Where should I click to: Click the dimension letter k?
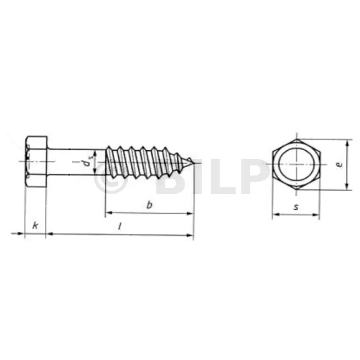[35, 226]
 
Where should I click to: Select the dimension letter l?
[120, 227]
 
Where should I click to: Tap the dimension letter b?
[149, 205]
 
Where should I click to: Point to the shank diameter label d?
[87, 162]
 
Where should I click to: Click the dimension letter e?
[339, 165]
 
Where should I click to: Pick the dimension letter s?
[296, 207]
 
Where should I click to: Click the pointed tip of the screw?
[194, 164]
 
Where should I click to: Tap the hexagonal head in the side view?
[36, 161]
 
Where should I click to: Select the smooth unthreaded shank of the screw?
[76, 162]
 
